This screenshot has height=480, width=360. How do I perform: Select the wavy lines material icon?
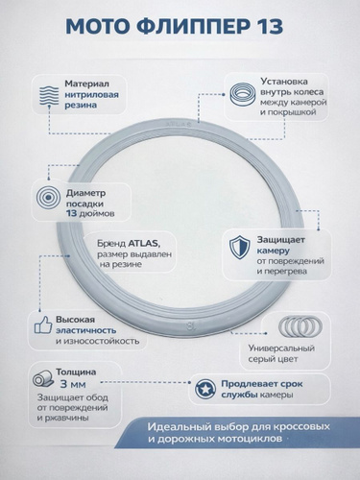point(49,95)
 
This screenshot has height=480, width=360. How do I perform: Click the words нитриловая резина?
point(91,100)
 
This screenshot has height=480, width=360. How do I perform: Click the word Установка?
point(284,82)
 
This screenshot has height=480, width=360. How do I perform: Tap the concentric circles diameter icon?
point(48,199)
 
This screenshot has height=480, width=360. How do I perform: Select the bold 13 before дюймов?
point(72,213)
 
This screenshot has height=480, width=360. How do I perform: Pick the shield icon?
point(239,248)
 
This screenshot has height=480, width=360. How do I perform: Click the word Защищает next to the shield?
point(281,240)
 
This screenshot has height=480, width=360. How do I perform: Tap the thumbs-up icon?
point(43,325)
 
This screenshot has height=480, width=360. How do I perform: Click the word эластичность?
point(86,330)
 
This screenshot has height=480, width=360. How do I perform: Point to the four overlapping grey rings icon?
point(300,326)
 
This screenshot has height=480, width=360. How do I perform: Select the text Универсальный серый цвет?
point(281,353)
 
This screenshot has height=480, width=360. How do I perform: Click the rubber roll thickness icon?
point(43,378)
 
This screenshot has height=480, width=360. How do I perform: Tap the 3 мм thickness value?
point(73,384)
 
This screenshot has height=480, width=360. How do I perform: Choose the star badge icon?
point(205,389)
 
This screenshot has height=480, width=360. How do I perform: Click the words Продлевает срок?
point(262,384)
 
